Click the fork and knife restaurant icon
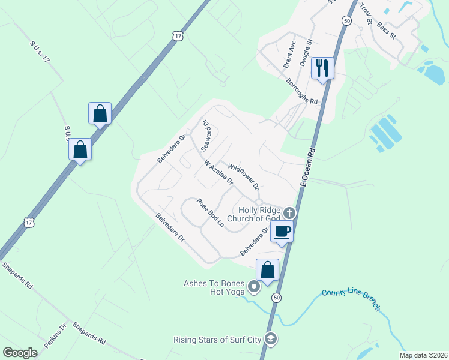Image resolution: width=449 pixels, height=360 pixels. [x=324, y=68]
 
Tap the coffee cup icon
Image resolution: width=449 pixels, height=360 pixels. [x=282, y=232]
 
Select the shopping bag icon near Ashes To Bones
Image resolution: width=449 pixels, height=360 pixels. [x=267, y=270]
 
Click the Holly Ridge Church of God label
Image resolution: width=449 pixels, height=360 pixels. [x=259, y=214]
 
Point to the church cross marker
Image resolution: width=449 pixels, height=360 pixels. [x=289, y=213]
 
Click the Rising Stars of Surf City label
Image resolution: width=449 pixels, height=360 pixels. [x=217, y=340]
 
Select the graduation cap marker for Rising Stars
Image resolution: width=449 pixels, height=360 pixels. [x=271, y=340]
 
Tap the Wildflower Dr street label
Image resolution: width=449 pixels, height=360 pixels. [x=243, y=175]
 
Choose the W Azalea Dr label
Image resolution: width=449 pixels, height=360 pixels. [x=218, y=173]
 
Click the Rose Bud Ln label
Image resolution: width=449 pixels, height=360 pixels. [x=210, y=213]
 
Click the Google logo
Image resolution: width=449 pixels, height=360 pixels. [x=20, y=353]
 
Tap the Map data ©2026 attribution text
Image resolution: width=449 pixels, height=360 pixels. [x=423, y=355]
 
